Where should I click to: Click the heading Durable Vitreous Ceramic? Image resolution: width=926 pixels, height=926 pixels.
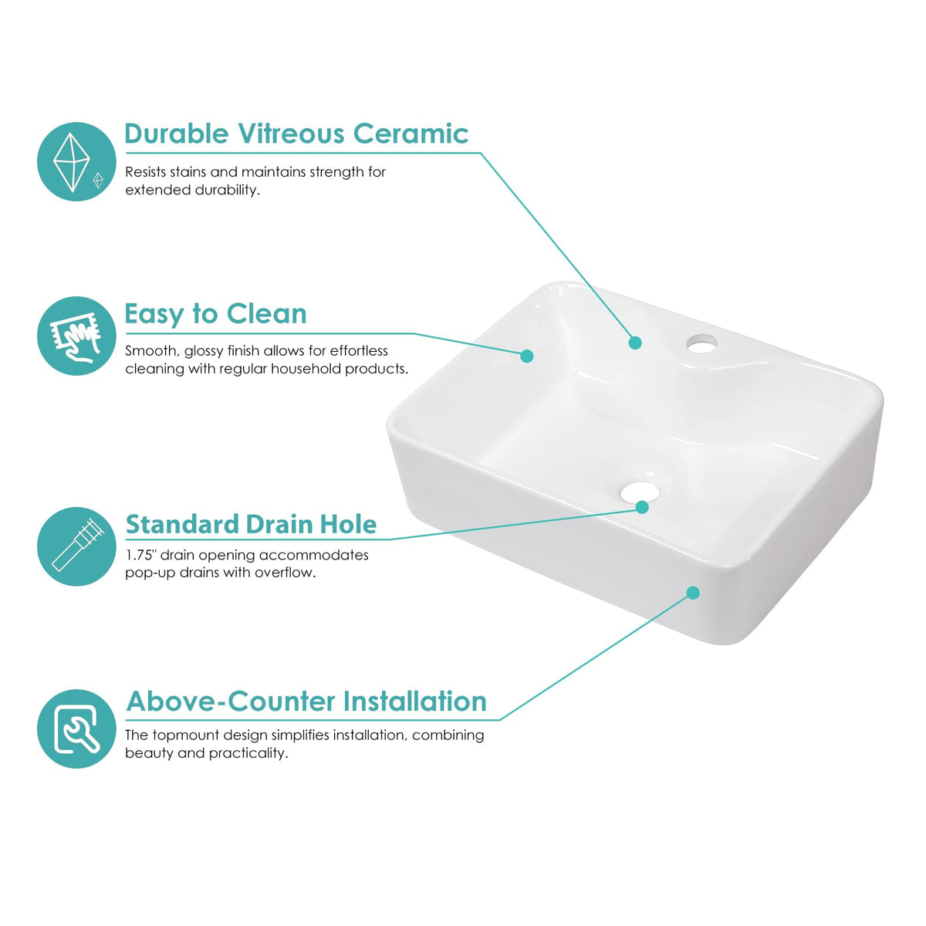pyautogui.click(x=296, y=133)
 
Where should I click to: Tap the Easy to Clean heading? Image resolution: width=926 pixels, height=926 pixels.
pyautogui.click(x=215, y=314)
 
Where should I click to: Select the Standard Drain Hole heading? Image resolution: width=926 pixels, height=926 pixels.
pyautogui.click(x=251, y=524)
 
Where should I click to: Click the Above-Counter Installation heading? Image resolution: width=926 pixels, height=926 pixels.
pyautogui.click(x=306, y=701)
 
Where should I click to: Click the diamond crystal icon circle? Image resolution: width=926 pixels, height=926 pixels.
pyautogui.click(x=76, y=161)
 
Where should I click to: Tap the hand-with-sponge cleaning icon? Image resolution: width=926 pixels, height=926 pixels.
pyautogui.click(x=76, y=336)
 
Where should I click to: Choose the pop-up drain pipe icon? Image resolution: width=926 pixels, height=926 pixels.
pyautogui.click(x=76, y=546)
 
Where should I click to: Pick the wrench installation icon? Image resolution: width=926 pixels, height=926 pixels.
pyautogui.click(x=76, y=728)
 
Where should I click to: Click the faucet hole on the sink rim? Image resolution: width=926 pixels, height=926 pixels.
pyautogui.click(x=701, y=343)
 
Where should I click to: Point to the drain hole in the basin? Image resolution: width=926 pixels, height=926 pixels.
pyautogui.click(x=638, y=492)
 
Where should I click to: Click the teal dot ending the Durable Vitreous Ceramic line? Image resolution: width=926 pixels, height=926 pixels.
pyautogui.click(x=635, y=343)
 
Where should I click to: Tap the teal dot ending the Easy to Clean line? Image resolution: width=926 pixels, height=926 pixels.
pyautogui.click(x=527, y=356)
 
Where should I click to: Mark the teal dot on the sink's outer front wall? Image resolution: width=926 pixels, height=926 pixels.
pyautogui.click(x=693, y=593)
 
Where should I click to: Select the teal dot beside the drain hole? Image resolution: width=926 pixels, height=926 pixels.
pyautogui.click(x=642, y=507)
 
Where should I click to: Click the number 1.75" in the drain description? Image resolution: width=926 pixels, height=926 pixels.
pyautogui.click(x=141, y=555)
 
